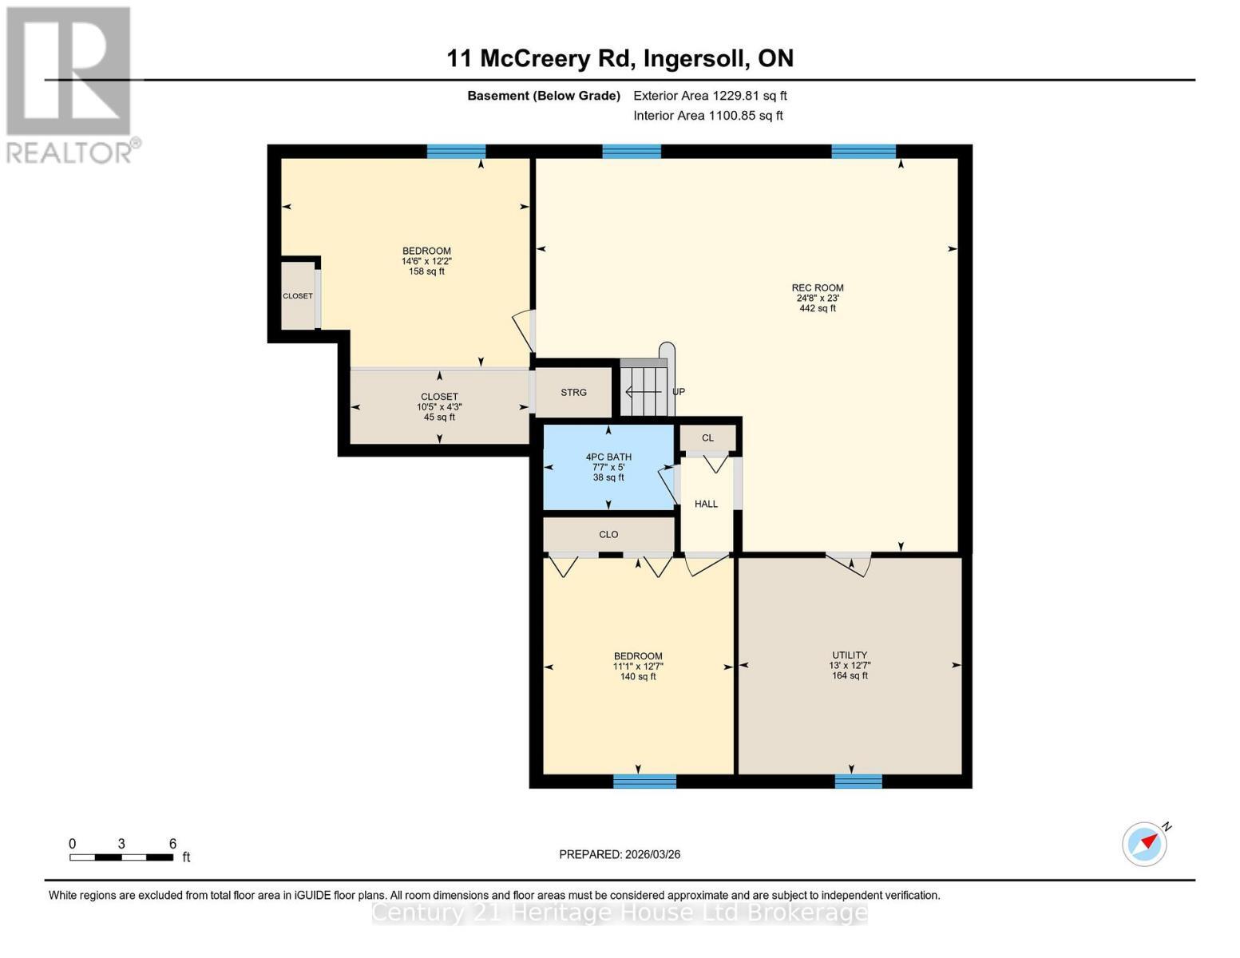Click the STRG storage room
pos(573,392)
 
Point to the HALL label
pos(706,504)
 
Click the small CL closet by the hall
pos(707,437)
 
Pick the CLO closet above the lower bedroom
pos(608,535)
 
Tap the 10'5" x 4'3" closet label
pos(439,406)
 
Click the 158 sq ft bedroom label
pos(426,261)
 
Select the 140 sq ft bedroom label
pos(638,666)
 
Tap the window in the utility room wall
pos(858,781)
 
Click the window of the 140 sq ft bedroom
pos(644,781)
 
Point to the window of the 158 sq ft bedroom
pos(456,152)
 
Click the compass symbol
pos(1144,844)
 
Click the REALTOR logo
pos(69,84)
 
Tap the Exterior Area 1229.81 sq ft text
pos(710,96)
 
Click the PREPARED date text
pos(620,854)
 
